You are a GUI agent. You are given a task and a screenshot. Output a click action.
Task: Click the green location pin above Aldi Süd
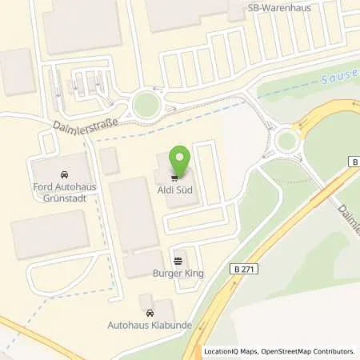click(180, 158)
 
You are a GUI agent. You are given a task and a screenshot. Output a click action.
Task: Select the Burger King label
click(177, 274)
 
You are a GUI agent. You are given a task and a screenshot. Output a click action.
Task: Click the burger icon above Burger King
click(177, 261)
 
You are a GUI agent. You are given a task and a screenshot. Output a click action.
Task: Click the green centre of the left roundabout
click(146, 104)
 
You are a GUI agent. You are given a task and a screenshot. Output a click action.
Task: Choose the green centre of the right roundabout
click(286, 142)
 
